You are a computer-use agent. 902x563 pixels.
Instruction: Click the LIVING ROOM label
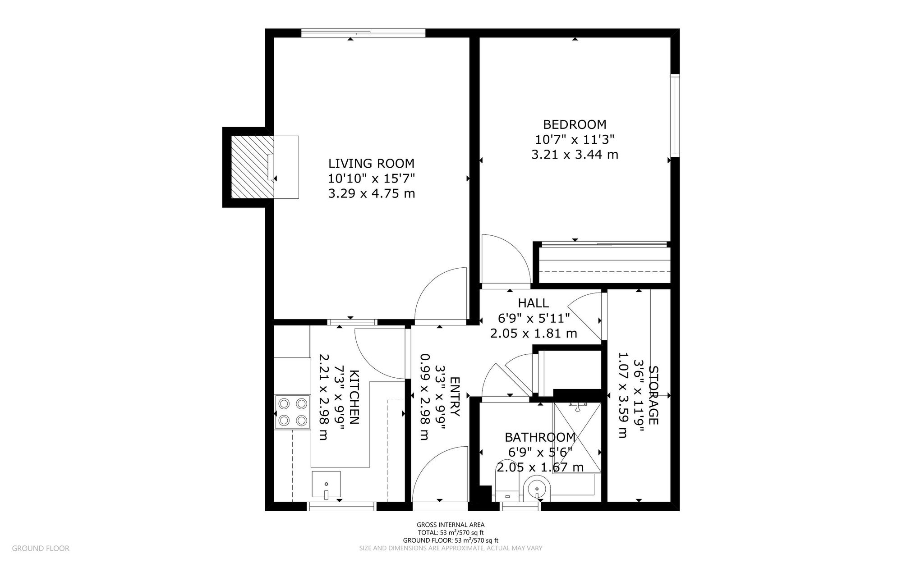click(371, 163)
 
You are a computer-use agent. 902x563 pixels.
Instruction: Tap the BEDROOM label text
click(575, 124)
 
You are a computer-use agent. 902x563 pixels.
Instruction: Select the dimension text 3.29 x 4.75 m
click(371, 194)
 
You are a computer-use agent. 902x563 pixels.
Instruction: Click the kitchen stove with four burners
click(292, 412)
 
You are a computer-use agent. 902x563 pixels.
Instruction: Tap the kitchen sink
click(326, 485)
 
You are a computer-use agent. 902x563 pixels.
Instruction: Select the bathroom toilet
click(508, 490)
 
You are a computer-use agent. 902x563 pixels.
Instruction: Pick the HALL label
click(533, 303)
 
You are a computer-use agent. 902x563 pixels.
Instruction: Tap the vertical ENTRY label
click(454, 397)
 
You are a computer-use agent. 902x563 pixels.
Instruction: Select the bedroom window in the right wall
click(675, 116)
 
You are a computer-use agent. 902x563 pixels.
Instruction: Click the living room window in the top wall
click(363, 33)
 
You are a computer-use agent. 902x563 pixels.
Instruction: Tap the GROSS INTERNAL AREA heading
click(451, 525)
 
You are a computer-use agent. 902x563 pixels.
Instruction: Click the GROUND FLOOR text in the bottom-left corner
click(41, 549)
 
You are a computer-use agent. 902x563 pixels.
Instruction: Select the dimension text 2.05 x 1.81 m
click(534, 334)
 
